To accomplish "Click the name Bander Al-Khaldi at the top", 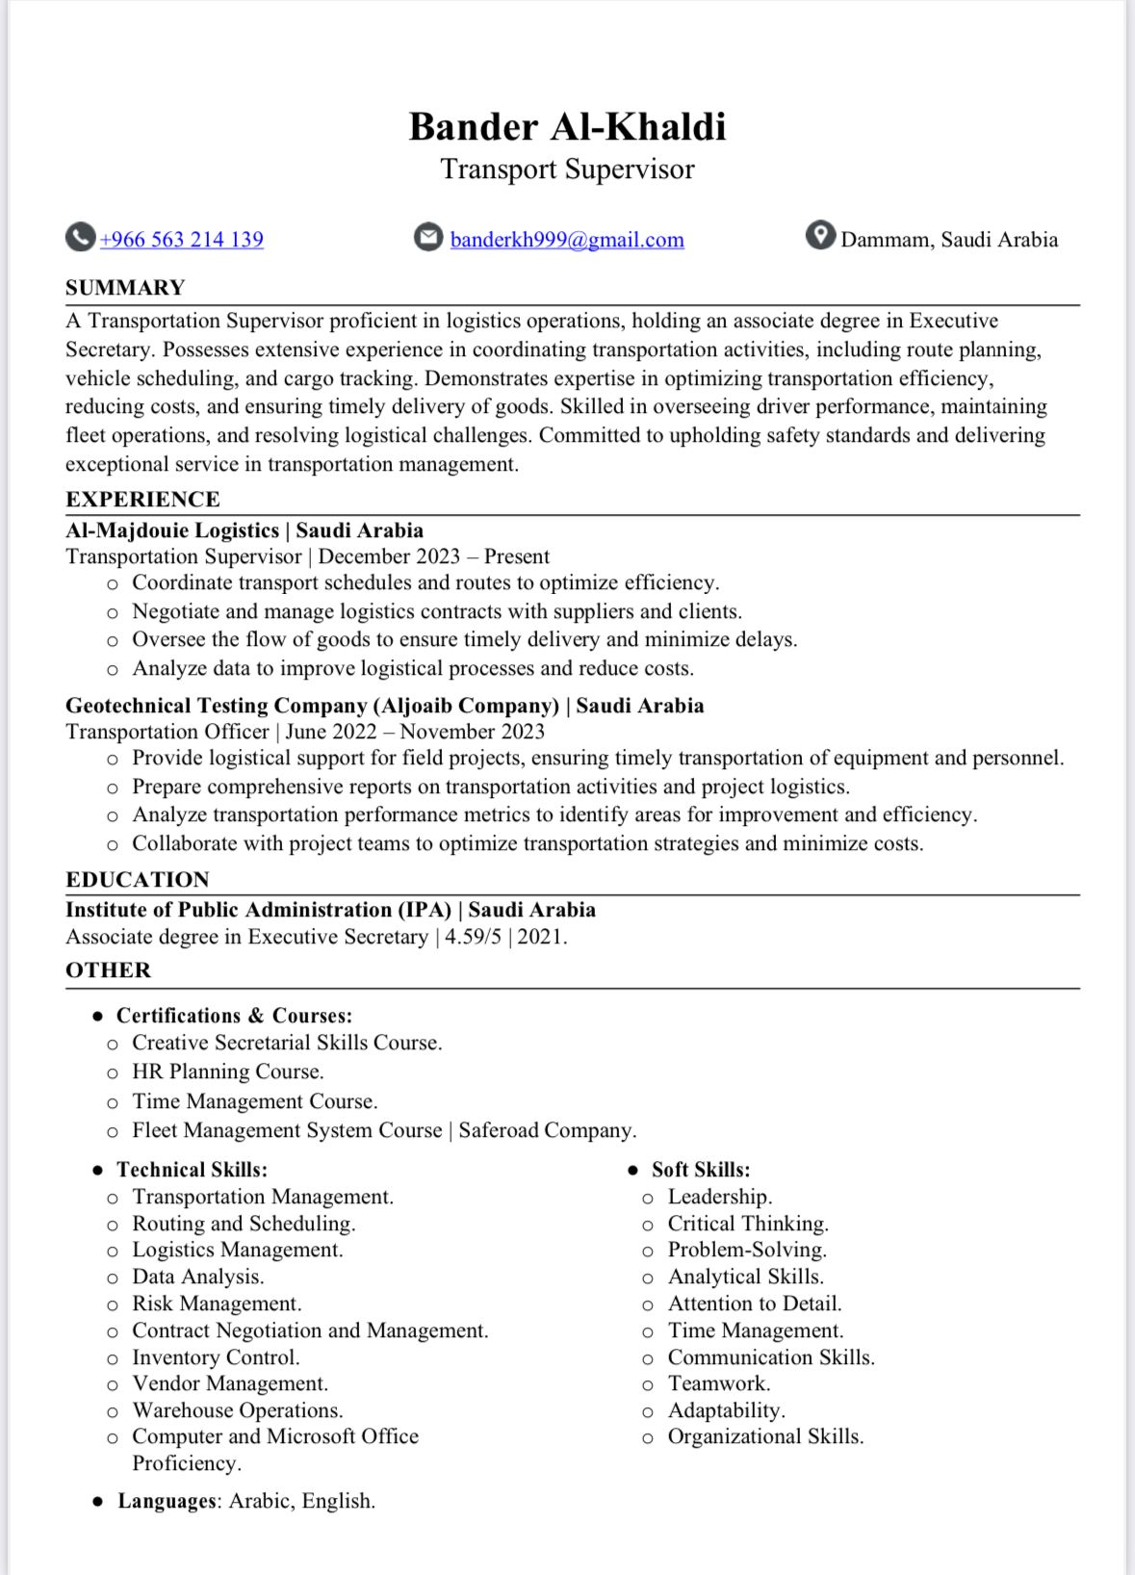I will click(567, 127).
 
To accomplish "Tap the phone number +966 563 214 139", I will click(181, 240).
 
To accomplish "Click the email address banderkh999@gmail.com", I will click(567, 240).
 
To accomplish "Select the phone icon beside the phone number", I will click(80, 237).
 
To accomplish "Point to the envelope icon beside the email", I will click(428, 237).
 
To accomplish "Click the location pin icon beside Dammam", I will click(820, 236).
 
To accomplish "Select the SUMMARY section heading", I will click(125, 288).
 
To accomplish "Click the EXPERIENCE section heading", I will click(142, 499).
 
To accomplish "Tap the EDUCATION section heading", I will click(137, 879).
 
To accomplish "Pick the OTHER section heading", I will click(108, 969).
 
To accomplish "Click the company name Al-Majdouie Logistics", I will click(172, 530).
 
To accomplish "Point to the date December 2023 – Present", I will click(433, 556).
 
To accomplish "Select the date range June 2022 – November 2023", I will click(415, 732).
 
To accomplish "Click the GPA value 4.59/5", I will click(473, 937).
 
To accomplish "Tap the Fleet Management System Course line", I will click(287, 1130).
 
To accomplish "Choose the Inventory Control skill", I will click(216, 1357).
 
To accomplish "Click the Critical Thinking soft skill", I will click(748, 1224).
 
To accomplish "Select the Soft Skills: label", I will click(701, 1170).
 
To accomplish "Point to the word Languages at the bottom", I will click(167, 1501).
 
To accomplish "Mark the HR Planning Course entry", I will click(227, 1072).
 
